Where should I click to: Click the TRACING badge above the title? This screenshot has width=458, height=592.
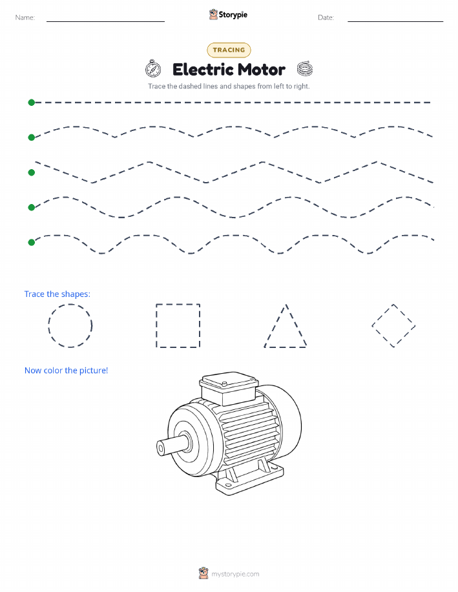229,50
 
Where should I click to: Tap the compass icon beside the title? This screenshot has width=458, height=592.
153,68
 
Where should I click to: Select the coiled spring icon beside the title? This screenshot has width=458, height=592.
305,68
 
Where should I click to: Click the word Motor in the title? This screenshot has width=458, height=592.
262,70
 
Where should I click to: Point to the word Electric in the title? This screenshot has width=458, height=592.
203,70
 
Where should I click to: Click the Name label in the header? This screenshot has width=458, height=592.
25,17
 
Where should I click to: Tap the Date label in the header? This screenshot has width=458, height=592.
326,17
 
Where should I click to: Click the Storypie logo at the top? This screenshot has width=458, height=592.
228,15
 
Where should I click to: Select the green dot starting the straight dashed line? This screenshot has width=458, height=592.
32,102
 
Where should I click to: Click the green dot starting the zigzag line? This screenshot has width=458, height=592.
32,172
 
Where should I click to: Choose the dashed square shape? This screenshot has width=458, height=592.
156,325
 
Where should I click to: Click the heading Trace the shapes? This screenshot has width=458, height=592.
57,294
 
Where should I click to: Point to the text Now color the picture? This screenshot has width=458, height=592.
66,371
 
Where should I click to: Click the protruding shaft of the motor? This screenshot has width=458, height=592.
172,445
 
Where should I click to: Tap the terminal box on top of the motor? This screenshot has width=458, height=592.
229,388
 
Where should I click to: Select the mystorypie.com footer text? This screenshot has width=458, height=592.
235,574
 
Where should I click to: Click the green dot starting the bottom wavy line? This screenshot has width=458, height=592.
32,242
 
